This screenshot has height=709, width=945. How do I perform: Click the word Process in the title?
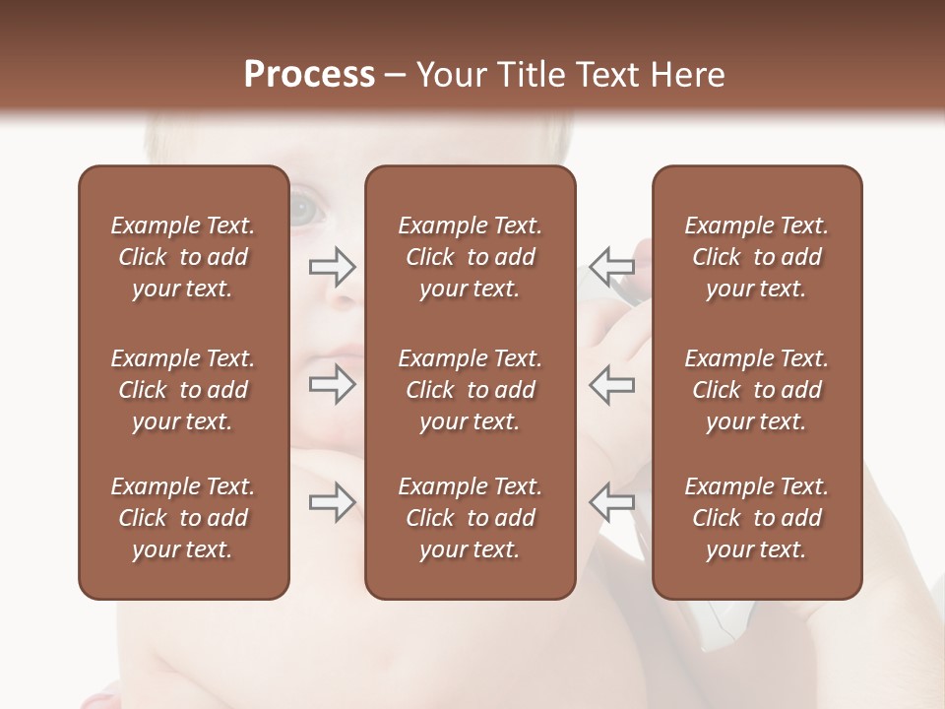pos(309,75)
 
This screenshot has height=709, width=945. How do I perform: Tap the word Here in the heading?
pos(685,75)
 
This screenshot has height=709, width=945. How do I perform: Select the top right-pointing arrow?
pos(333,266)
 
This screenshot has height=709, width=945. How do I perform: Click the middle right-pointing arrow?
pos(333,384)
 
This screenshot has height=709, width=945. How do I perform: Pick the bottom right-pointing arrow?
pos(333,502)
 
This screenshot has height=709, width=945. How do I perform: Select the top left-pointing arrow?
pos(611,266)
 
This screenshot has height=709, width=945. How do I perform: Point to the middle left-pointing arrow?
pos(611,384)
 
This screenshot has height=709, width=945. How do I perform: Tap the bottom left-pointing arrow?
pos(611,502)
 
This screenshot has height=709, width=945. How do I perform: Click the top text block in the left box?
pos(183,257)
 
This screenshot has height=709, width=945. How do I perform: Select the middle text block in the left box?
pos(183,390)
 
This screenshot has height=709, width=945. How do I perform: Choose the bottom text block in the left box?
pos(183,518)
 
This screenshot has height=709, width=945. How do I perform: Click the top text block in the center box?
pos(470,257)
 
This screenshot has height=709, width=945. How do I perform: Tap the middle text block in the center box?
pos(470,390)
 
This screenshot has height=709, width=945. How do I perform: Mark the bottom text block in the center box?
pos(470,518)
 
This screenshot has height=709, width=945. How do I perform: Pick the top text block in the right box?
pos(757,257)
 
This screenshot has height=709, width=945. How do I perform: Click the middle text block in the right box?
pos(757,390)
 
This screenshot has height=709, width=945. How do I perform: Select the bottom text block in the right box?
pos(757,518)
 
